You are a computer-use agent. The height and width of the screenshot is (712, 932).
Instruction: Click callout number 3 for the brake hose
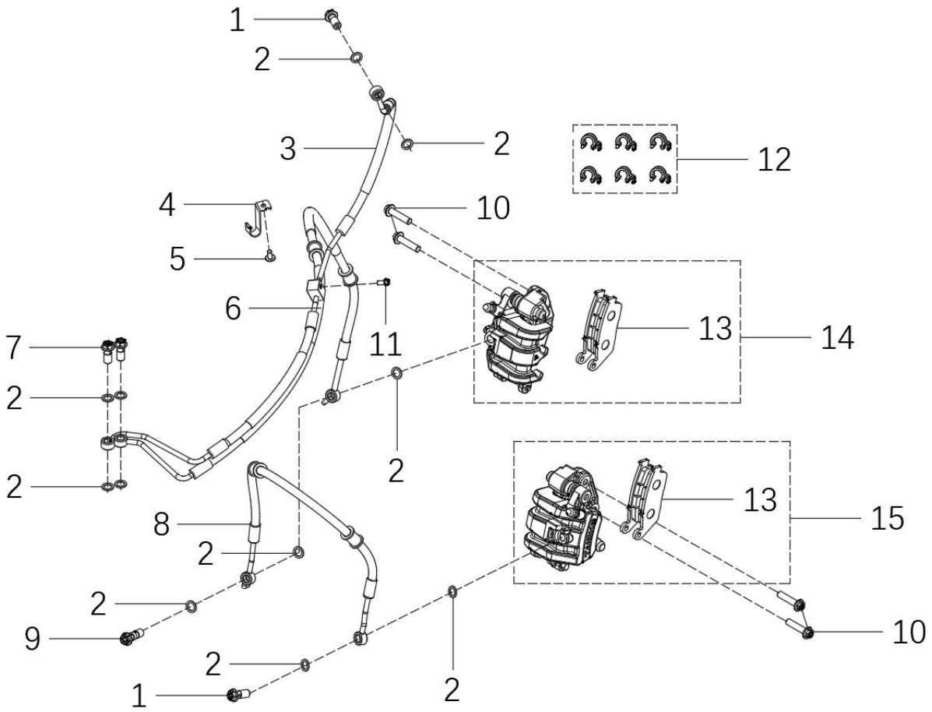[x=288, y=148]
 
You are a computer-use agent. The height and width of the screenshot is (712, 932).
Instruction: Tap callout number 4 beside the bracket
[x=167, y=205]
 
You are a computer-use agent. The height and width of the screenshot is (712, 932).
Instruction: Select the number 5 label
[x=177, y=259]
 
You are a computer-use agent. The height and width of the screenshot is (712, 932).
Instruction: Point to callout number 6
[x=233, y=308]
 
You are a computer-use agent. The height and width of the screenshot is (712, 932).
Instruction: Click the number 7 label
[x=14, y=347]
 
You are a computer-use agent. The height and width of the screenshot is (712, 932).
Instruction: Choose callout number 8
[x=162, y=524]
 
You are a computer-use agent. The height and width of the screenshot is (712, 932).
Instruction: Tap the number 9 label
[x=32, y=640]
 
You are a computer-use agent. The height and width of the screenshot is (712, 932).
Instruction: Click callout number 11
[x=385, y=344]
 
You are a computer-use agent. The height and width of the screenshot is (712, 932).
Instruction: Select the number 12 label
[x=774, y=160]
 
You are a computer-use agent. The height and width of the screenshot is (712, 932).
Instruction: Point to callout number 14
[x=837, y=337]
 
